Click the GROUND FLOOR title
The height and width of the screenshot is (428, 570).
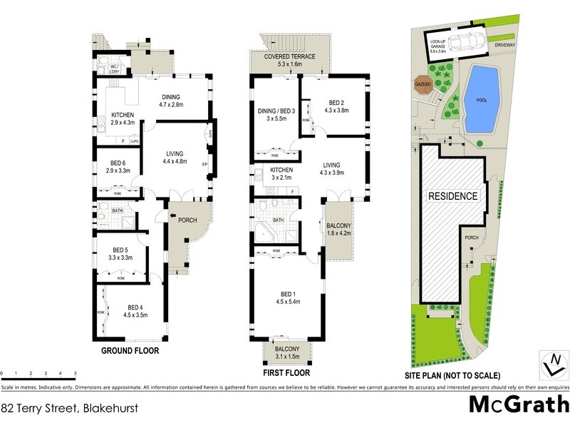(x=129, y=351)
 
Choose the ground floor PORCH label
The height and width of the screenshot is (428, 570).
(x=187, y=220)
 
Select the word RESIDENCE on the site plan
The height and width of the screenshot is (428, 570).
(x=452, y=195)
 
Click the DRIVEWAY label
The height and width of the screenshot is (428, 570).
(x=505, y=44)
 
